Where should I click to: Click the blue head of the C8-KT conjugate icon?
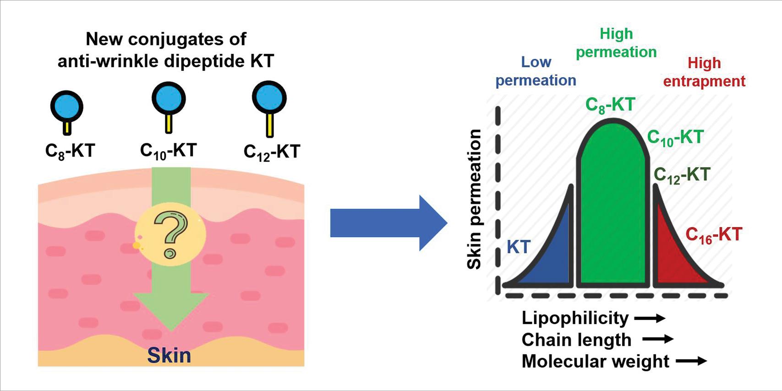pos(67,107)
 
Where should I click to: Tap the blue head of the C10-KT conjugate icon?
pos(169,98)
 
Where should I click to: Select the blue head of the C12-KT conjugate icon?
pos(269,98)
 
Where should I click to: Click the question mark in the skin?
pos(171,234)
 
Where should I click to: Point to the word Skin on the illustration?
pos(169,356)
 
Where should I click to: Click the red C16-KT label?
pos(713,235)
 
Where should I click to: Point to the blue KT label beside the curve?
pos(519,247)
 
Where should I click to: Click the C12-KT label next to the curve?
pos(682,175)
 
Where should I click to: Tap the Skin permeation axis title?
pos(474,199)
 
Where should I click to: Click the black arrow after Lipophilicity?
pos(650,318)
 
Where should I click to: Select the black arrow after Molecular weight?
pos(691,361)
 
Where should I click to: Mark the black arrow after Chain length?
pos(658,339)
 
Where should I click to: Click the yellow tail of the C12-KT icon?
pos(270,125)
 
